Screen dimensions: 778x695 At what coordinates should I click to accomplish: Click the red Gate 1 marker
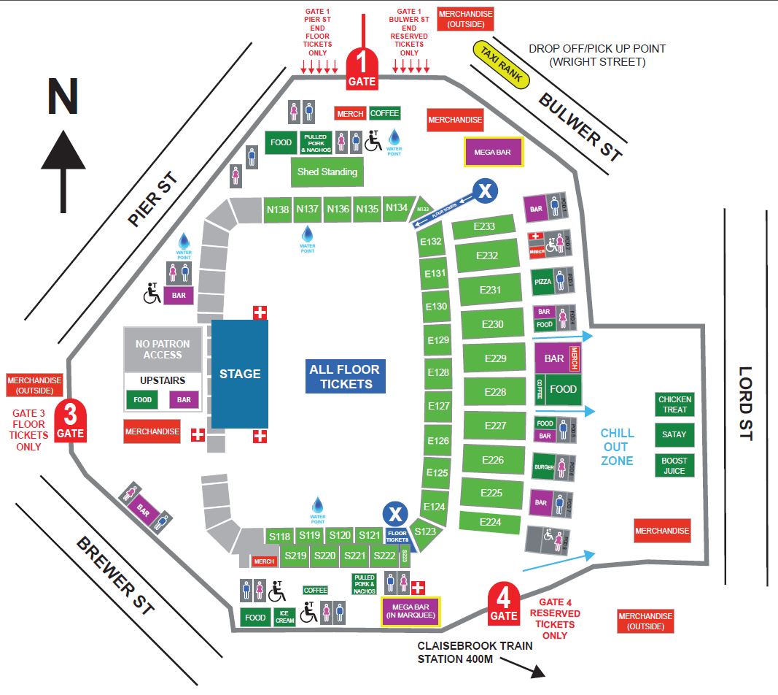(x=362, y=70)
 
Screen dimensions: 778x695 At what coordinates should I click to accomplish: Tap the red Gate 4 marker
(x=503, y=605)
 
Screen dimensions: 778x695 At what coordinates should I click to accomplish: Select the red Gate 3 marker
(x=71, y=422)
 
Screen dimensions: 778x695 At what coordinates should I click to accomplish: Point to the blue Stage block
(x=239, y=374)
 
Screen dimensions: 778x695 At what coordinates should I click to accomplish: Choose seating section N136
(x=338, y=209)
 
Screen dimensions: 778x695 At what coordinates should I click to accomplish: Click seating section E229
(x=495, y=358)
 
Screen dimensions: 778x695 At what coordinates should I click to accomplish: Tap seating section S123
(x=425, y=531)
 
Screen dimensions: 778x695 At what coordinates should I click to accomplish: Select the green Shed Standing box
(x=327, y=172)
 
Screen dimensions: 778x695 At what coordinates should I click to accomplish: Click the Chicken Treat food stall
(x=674, y=404)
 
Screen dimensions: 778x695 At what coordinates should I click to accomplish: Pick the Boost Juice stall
(x=674, y=465)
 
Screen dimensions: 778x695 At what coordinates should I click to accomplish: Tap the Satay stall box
(x=674, y=434)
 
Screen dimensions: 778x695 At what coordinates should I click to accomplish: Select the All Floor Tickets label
(x=345, y=377)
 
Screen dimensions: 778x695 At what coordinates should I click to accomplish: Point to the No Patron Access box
(x=163, y=349)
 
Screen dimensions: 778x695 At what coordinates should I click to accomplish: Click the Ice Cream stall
(x=284, y=618)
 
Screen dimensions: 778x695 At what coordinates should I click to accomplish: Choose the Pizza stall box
(x=542, y=280)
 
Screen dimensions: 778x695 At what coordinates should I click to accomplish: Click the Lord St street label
(x=745, y=402)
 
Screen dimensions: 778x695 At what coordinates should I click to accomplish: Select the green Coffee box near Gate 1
(x=384, y=113)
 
